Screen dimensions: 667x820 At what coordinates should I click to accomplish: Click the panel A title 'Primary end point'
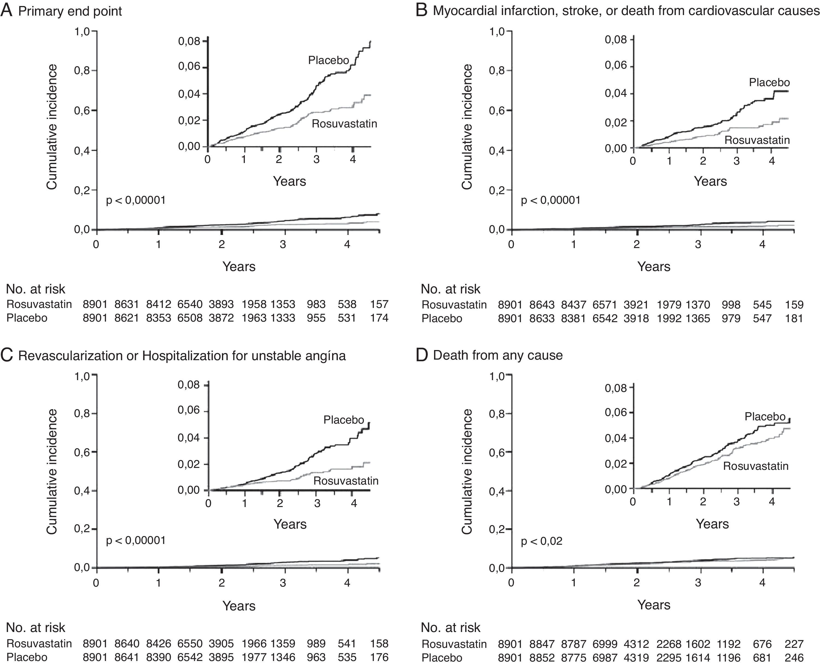pyautogui.click(x=70, y=11)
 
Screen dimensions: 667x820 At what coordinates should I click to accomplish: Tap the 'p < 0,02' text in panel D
pyautogui.click(x=541, y=541)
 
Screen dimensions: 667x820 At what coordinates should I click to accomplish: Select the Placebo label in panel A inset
pyautogui.click(x=328, y=60)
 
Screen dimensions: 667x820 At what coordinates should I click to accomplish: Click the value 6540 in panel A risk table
pyautogui.click(x=190, y=304)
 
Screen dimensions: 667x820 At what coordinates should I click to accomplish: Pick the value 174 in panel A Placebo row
pyautogui.click(x=379, y=318)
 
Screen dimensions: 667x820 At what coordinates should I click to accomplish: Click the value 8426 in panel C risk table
pyautogui.click(x=158, y=643)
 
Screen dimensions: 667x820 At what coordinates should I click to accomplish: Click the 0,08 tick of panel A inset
pyautogui.click(x=189, y=41)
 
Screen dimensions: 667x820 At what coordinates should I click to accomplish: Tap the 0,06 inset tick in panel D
pyautogui.click(x=616, y=413)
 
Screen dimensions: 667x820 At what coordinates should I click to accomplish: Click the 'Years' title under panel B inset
pyautogui.click(x=710, y=181)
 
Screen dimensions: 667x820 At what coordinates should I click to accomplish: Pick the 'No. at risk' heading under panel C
pyautogui.click(x=36, y=627)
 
